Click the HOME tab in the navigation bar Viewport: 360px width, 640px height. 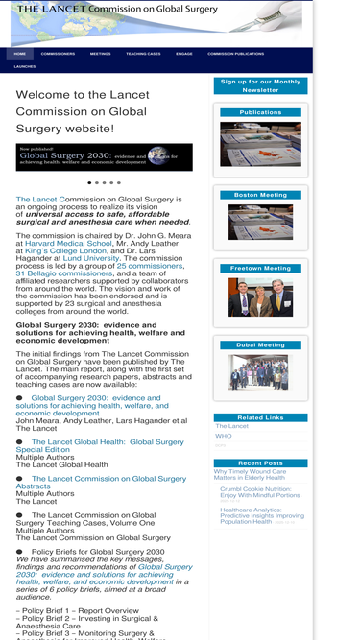(x=20, y=54)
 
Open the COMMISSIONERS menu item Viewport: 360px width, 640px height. (x=58, y=54)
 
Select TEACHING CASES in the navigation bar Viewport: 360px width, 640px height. (x=143, y=54)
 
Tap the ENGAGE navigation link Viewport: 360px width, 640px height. (x=183, y=54)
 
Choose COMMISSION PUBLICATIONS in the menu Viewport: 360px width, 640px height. (x=235, y=54)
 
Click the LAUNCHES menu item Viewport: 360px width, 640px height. (x=25, y=67)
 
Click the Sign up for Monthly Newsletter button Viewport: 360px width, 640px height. (x=260, y=86)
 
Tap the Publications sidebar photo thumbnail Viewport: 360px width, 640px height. (x=260, y=144)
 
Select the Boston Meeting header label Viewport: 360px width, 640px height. (x=260, y=195)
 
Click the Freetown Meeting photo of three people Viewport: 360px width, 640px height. (x=260, y=297)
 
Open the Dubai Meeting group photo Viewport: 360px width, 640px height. (x=260, y=371)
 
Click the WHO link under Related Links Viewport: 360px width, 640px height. (x=223, y=436)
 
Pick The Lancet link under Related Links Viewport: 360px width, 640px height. (x=231, y=426)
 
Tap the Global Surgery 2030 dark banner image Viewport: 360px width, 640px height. (x=104, y=157)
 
